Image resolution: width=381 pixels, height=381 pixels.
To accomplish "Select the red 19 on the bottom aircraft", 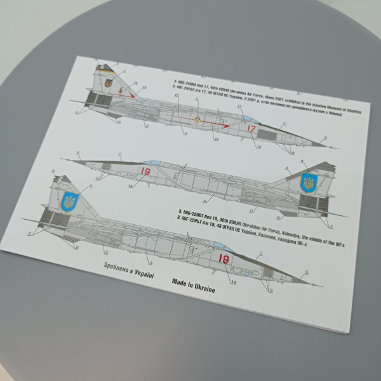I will pos(223,258).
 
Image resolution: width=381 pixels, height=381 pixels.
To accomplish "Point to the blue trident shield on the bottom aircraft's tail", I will pos(69,203).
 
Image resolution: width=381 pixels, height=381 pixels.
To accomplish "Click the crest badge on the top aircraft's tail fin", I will pos(109,83).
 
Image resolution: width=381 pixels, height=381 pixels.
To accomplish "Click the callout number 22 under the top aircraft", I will pos(215,139).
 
